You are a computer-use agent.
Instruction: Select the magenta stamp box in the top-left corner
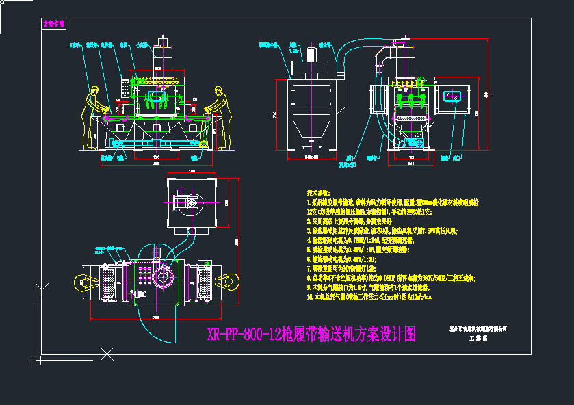(53, 23)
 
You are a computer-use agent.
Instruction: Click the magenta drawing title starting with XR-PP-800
(311, 334)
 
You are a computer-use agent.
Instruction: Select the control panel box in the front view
(124, 88)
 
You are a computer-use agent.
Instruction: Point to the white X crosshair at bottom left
(107, 354)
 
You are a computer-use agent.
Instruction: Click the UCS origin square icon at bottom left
(36, 358)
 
